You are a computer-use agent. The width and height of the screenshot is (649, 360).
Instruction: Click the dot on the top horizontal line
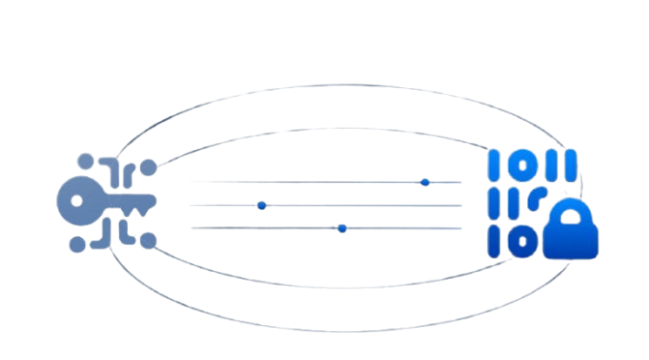(425, 182)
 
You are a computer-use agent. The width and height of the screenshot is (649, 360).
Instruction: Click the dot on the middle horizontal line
(262, 205)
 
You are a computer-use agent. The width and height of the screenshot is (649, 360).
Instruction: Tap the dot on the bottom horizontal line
(342, 228)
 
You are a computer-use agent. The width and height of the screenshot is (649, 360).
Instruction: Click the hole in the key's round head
(75, 201)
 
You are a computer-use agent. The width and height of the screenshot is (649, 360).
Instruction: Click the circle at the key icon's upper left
(85, 162)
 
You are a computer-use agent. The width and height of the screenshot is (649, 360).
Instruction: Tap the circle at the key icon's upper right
(148, 168)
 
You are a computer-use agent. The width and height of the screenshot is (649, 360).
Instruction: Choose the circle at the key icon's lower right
(148, 239)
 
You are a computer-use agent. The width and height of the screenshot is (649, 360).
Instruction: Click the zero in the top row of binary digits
(521, 165)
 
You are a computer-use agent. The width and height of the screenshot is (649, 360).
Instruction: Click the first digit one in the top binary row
(495, 165)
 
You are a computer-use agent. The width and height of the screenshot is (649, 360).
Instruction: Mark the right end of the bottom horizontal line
(461, 228)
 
